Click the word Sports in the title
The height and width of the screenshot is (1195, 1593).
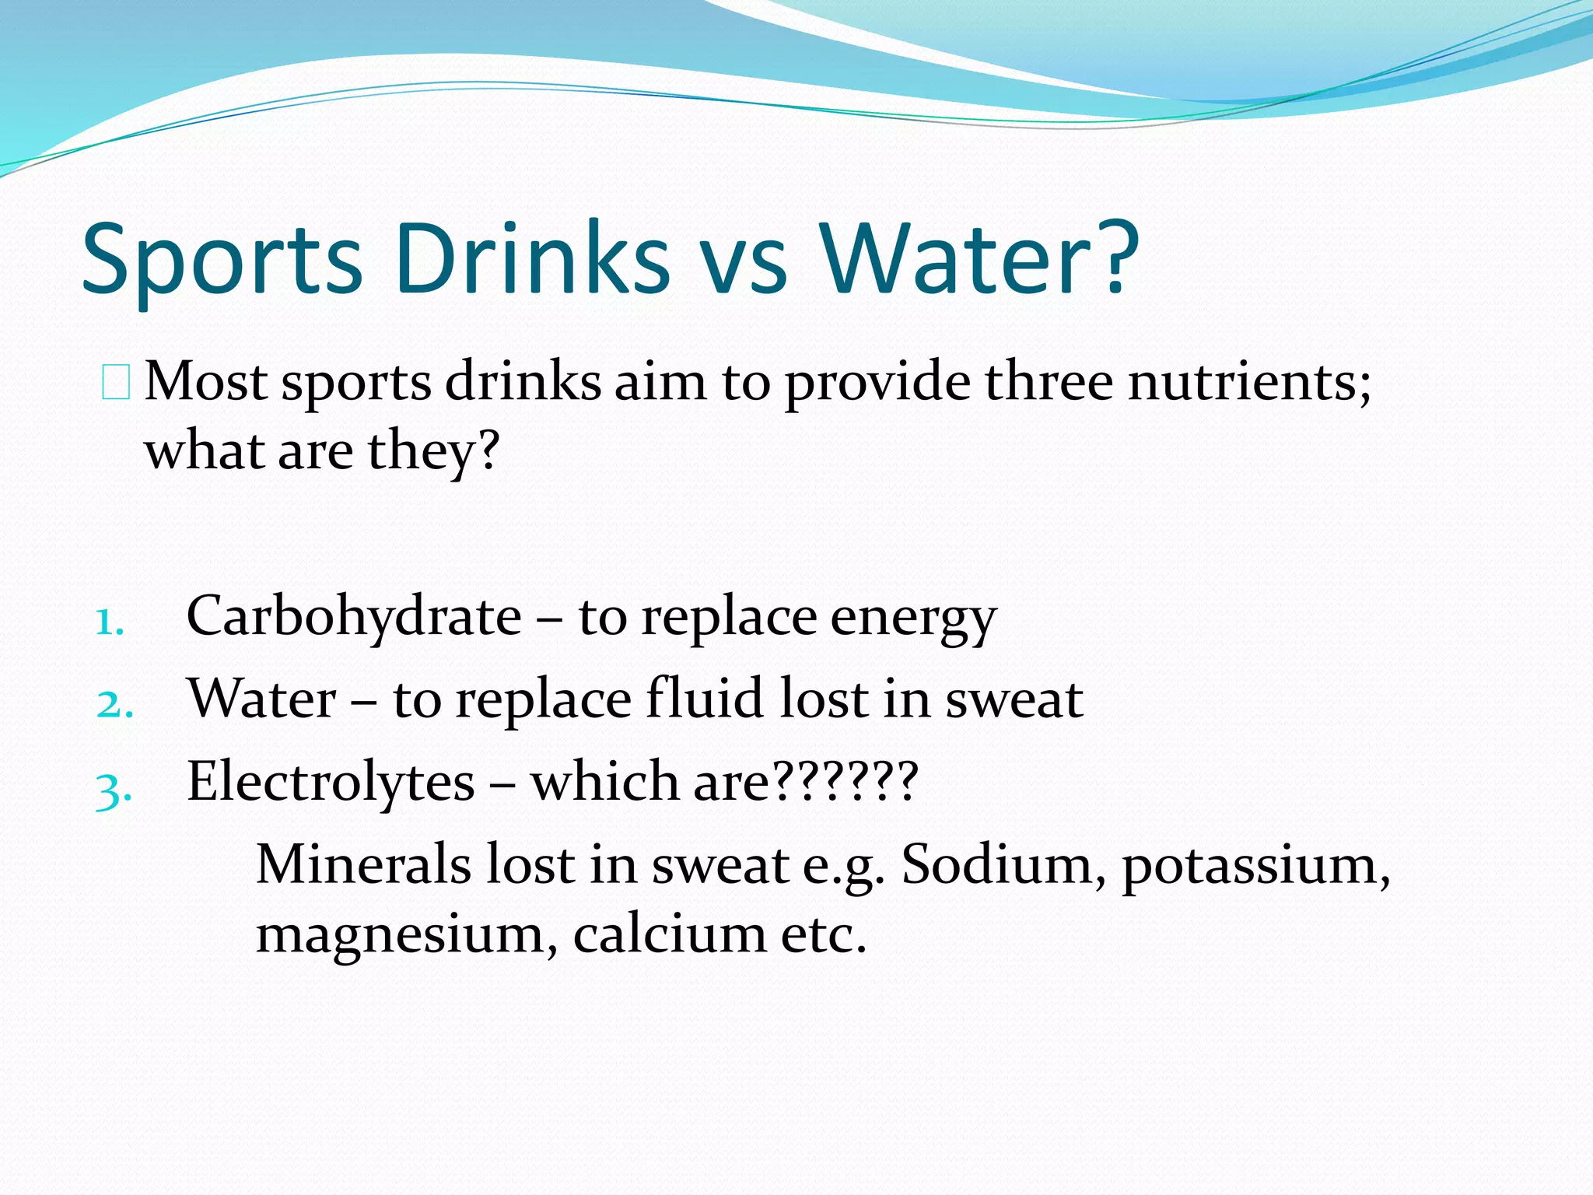coord(222,260)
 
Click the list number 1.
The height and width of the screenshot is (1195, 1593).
coord(110,622)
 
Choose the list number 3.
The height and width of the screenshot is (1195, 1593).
coord(114,790)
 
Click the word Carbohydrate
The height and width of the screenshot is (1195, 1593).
coord(355,616)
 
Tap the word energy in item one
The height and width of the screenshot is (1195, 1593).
coord(913,619)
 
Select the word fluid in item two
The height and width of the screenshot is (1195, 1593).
coord(705,698)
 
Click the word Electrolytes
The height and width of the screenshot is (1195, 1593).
coord(331,781)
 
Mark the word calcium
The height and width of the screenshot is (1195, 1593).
coord(670,933)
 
